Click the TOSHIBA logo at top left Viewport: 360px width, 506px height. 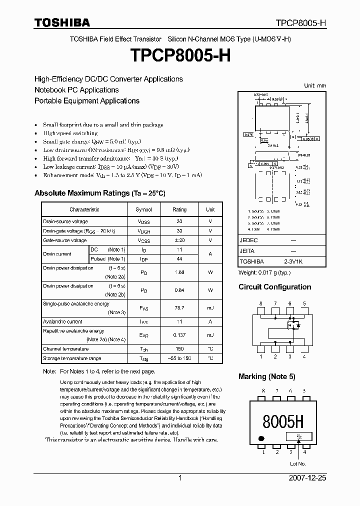pos(62,22)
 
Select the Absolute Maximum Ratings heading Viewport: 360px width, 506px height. pos(99,193)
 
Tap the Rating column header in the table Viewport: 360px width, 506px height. pos(179,209)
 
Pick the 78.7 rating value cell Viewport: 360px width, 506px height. pos(179,308)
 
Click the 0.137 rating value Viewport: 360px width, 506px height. pos(179,335)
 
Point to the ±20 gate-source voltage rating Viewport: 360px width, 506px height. pos(179,240)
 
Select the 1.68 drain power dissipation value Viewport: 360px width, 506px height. pos(179,272)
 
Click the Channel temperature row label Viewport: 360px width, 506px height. pos(65,349)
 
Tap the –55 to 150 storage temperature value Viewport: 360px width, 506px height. pos(179,358)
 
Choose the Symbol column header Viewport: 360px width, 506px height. pos(143,209)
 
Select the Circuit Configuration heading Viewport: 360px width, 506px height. pos(274,287)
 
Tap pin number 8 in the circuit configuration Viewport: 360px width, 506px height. pos(260,303)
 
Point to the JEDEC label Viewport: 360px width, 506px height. pos(249,240)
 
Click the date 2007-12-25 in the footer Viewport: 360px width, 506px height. pos(307,478)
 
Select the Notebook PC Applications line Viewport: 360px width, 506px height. pos(76,90)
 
